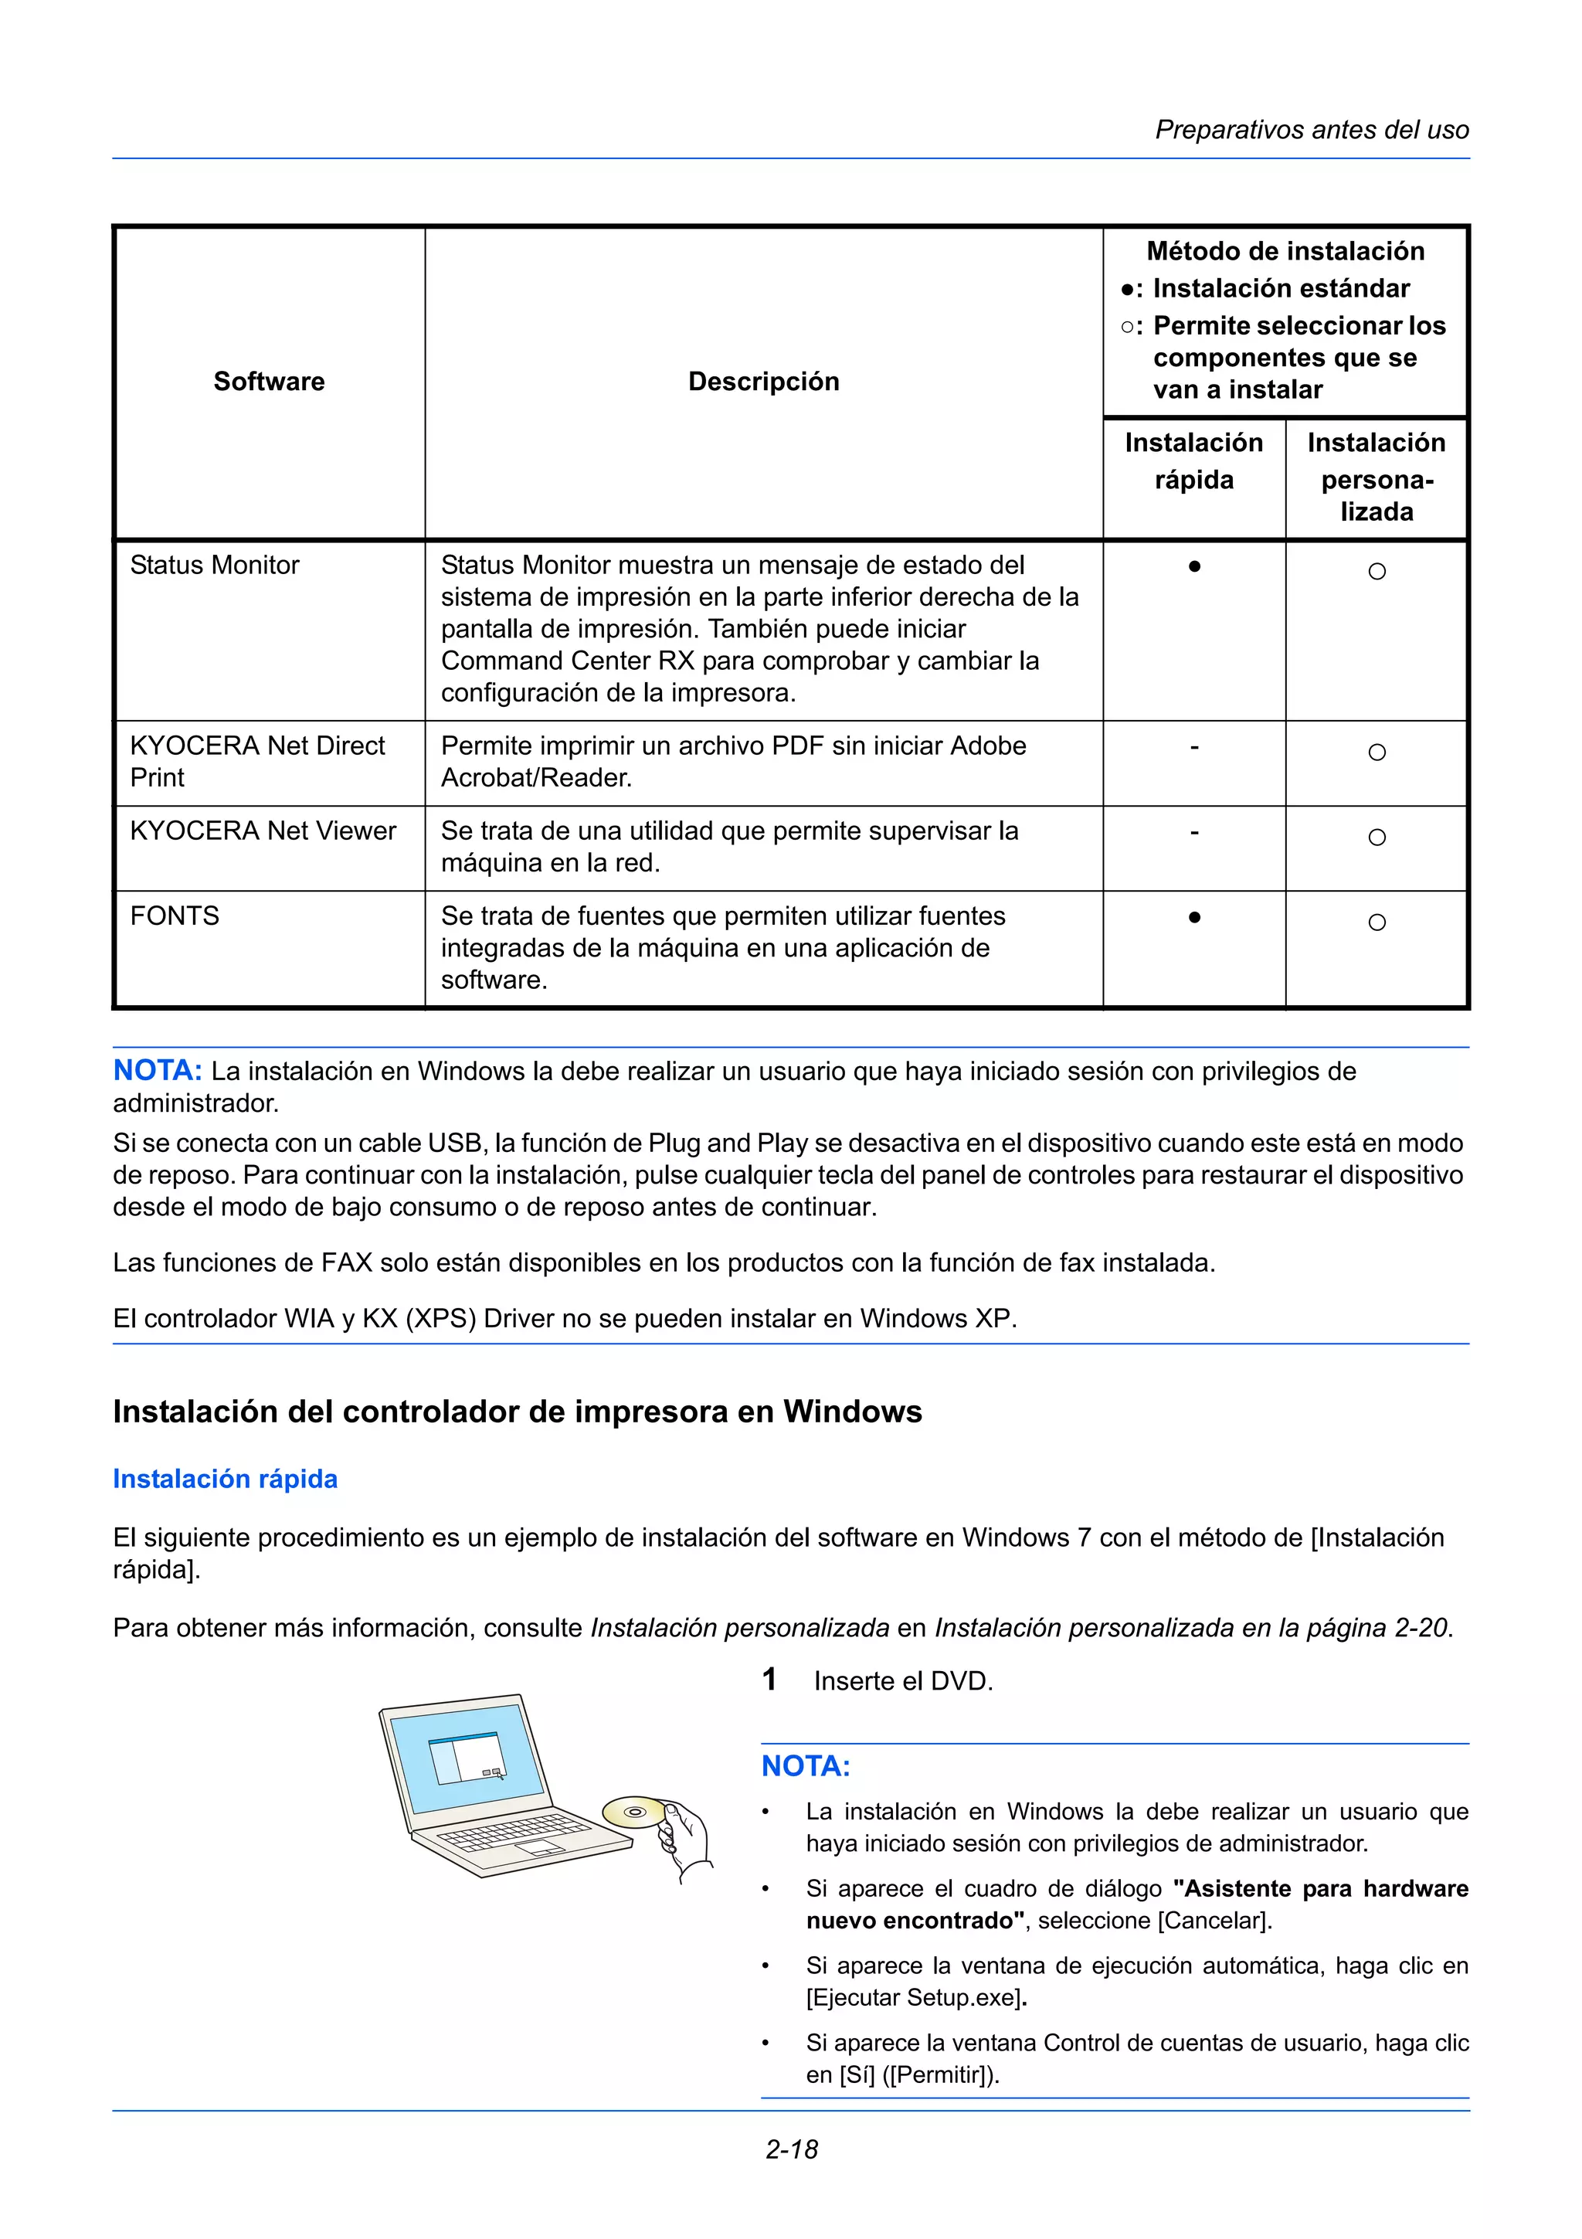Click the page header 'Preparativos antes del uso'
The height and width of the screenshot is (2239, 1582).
[x=1311, y=130]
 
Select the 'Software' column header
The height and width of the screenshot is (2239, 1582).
[x=269, y=382]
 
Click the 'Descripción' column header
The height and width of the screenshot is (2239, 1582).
[x=763, y=382]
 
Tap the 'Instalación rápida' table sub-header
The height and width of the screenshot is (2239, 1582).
[x=1193, y=460]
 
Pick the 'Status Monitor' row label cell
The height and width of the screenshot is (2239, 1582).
[x=215, y=566]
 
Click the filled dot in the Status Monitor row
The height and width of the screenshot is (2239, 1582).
[x=1194, y=566]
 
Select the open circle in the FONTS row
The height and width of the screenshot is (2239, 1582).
[x=1377, y=922]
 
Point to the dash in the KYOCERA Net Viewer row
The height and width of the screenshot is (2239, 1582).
[x=1194, y=833]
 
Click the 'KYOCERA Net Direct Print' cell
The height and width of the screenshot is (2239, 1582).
[x=257, y=762]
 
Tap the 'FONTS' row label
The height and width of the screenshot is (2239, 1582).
[x=175, y=916]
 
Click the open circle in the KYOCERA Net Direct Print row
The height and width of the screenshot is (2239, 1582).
[x=1377, y=753]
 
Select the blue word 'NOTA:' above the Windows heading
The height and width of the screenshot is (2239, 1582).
[x=157, y=1071]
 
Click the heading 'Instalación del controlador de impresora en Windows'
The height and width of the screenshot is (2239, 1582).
[x=517, y=1412]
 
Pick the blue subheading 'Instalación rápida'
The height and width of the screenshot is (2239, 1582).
[x=225, y=1480]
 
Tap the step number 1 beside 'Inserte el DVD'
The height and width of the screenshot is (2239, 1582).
[x=769, y=1680]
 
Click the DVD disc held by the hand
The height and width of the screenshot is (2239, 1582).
[x=633, y=1812]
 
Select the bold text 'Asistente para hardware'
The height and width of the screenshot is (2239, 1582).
[x=1321, y=1889]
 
